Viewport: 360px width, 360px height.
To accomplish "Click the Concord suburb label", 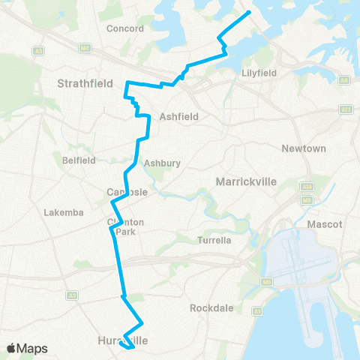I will (125, 28).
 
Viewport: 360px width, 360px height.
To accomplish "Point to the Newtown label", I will (303, 148).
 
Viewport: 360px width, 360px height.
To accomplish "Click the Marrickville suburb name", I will (246, 181).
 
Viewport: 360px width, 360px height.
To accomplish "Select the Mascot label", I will (325, 224).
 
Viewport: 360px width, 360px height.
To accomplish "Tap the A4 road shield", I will (343, 80).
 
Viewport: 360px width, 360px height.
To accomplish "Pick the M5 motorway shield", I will (267, 281).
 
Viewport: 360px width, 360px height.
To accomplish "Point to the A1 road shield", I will (257, 309).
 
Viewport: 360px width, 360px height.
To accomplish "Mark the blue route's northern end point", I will (249, 13).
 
